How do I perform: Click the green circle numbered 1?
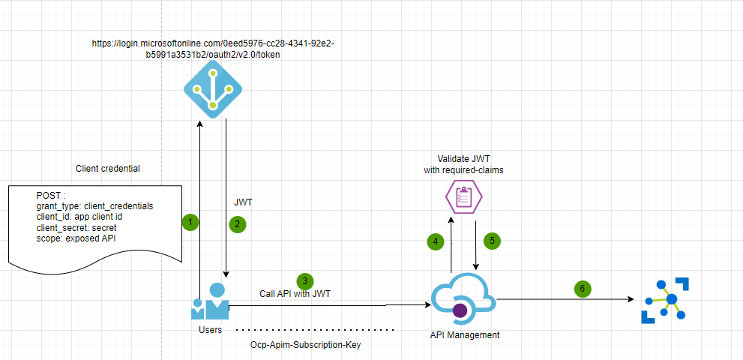(x=190, y=222)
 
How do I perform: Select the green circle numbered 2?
(x=237, y=223)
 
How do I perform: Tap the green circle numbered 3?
(x=304, y=281)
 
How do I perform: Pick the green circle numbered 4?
(x=435, y=241)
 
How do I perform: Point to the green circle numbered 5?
(x=491, y=241)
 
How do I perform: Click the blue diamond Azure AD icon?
(x=213, y=89)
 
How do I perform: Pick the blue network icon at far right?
(x=664, y=300)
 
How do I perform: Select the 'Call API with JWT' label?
(x=295, y=294)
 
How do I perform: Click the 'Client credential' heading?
(x=108, y=169)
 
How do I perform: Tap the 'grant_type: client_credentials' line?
(x=94, y=205)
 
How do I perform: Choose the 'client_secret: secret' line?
(x=76, y=227)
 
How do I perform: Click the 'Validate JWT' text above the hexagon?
(x=463, y=160)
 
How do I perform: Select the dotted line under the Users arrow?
(x=315, y=329)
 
